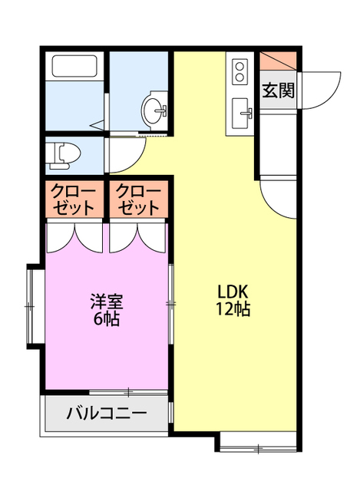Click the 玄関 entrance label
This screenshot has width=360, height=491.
click(278, 90)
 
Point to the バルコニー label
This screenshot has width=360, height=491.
click(106, 414)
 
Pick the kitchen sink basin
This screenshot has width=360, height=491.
click(242, 114)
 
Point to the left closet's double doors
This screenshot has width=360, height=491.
click(74, 236)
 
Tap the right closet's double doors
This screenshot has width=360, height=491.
click(139, 236)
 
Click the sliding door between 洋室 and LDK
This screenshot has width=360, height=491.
click(170, 305)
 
